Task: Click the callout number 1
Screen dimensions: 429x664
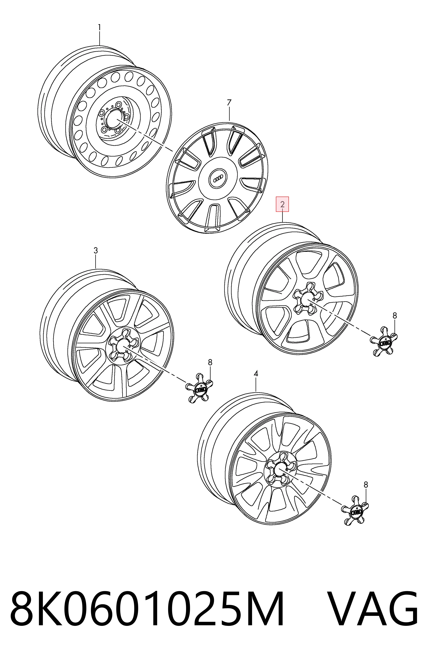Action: click(x=99, y=27)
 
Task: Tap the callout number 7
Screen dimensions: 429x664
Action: click(x=229, y=103)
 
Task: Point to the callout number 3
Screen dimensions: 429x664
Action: click(x=95, y=251)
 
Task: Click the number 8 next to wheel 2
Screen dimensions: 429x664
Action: click(x=394, y=316)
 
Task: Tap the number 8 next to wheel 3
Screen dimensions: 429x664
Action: click(x=210, y=362)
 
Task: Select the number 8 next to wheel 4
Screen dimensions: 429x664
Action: click(x=366, y=485)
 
